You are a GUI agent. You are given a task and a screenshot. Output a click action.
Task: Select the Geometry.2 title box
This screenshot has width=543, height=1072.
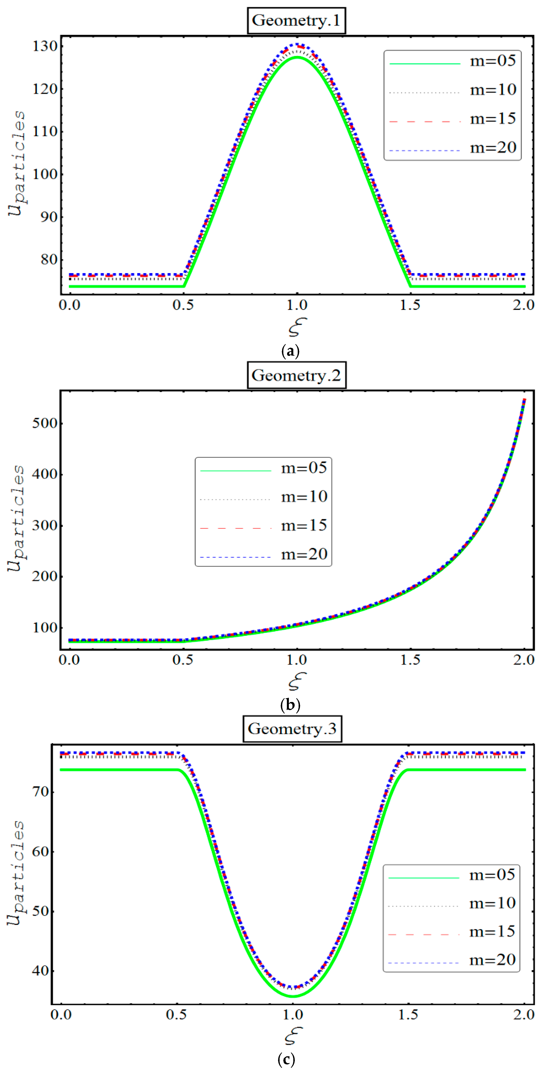click(296, 375)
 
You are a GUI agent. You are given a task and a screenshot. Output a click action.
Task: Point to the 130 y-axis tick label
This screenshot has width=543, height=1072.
click(44, 46)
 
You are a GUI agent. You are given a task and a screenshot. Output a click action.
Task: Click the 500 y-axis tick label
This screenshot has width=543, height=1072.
click(44, 423)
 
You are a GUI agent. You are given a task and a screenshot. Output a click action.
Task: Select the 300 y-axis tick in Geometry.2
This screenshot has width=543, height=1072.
click(44, 525)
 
